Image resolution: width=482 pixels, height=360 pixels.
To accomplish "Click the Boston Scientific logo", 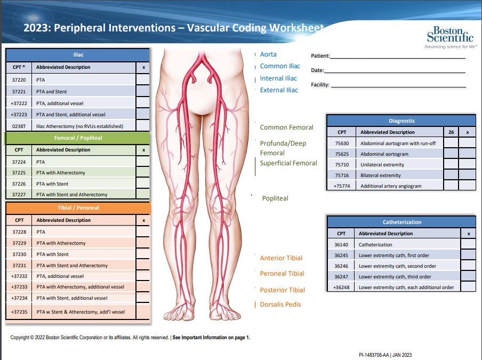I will pyautogui.click(x=449, y=36).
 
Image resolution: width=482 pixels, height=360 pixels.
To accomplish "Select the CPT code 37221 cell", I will pyautogui.click(x=19, y=91).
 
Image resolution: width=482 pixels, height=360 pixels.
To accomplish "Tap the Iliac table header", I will pyautogui.click(x=78, y=54).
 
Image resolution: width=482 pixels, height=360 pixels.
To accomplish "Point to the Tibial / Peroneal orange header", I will pyautogui.click(x=78, y=207).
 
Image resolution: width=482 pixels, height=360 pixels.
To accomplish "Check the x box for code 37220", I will pyautogui.click(x=143, y=79).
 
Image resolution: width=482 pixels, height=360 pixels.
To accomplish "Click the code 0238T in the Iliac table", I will pyautogui.click(x=19, y=126).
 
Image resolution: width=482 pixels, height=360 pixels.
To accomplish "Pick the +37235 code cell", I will pyautogui.click(x=19, y=312).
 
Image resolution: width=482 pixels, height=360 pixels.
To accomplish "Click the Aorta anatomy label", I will pyautogui.click(x=268, y=54).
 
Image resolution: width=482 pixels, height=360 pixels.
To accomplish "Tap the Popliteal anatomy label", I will pyautogui.click(x=275, y=198).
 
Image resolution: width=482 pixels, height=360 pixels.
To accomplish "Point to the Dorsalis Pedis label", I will pyautogui.click(x=280, y=305).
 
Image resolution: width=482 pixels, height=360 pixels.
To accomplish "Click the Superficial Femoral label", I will pyautogui.click(x=288, y=163).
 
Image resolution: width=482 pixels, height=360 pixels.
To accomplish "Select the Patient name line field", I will pyautogui.click(x=397, y=56).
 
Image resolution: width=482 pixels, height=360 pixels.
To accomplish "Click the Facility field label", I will pyautogui.click(x=320, y=85).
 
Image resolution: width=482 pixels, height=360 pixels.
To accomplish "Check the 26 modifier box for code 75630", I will pyautogui.click(x=451, y=143).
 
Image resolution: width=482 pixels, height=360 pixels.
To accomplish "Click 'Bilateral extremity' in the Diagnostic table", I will pyautogui.click(x=381, y=175).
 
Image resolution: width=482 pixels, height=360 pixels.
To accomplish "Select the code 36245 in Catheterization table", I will pyautogui.click(x=341, y=255).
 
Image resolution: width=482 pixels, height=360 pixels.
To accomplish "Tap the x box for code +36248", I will pyautogui.click(x=468, y=287).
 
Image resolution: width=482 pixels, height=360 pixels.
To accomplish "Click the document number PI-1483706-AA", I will pyautogui.click(x=374, y=355).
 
